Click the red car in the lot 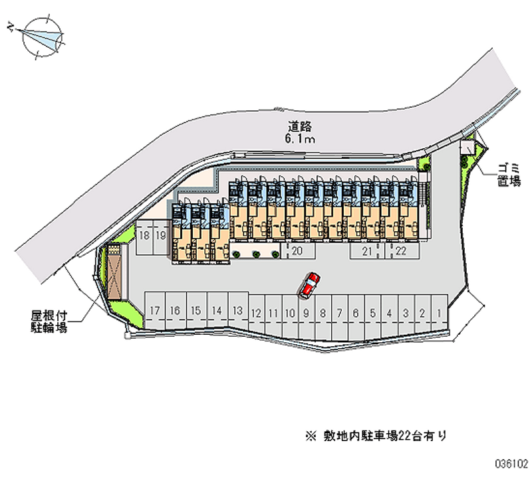[310, 284]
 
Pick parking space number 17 [154, 310]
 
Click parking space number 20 [297, 250]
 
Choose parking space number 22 [401, 250]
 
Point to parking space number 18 [144, 235]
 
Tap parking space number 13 [237, 311]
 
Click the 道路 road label [301, 126]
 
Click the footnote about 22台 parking [376, 436]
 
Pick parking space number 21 [367, 250]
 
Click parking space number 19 [160, 235]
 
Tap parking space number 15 [196, 310]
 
